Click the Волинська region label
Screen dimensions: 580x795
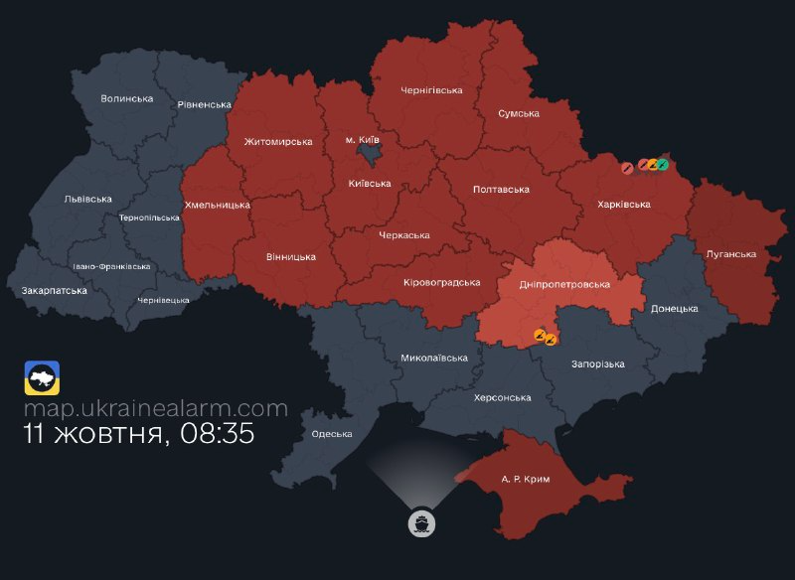(x=127, y=98)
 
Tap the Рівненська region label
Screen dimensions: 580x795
(x=204, y=104)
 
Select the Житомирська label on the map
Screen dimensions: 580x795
(x=277, y=141)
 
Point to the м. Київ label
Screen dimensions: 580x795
(x=363, y=140)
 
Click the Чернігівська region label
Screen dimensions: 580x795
(x=431, y=90)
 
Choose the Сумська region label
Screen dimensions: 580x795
(x=518, y=113)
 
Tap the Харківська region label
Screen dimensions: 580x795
(x=623, y=204)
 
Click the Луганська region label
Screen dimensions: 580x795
(x=730, y=253)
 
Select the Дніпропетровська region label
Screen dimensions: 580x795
(x=564, y=284)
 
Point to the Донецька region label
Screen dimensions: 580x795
(x=675, y=308)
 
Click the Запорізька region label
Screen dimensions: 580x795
(x=597, y=363)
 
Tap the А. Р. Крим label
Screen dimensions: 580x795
(x=525, y=479)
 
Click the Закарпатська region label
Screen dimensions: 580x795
(x=54, y=290)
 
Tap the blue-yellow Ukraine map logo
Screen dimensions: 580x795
(x=42, y=377)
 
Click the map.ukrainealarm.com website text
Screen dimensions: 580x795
(x=156, y=408)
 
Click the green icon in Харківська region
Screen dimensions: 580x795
(x=662, y=164)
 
